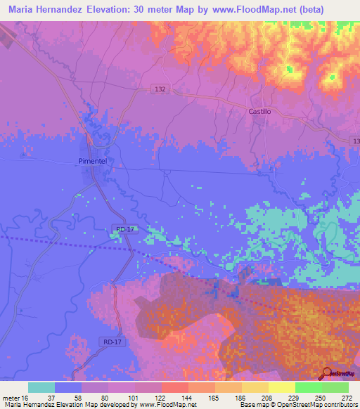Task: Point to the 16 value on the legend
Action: click(25, 397)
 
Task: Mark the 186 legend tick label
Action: click(241, 397)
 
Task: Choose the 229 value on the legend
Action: click(295, 397)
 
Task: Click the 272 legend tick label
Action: click(348, 397)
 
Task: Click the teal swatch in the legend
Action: click(41, 387)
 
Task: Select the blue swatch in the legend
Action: click(68, 387)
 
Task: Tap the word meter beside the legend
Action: click(11, 397)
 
